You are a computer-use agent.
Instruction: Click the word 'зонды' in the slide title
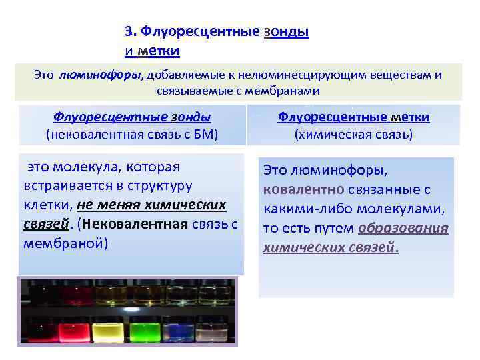[x=287, y=32]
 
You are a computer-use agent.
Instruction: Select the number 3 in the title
[x=128, y=32]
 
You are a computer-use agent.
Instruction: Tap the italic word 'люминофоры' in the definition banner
[x=99, y=75]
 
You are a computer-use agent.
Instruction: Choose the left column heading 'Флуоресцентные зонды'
[x=132, y=117]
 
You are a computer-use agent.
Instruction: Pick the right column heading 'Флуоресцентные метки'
[x=353, y=117]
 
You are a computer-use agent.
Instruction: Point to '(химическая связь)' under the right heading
[x=353, y=134]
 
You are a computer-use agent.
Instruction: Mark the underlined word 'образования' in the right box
[x=403, y=229]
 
